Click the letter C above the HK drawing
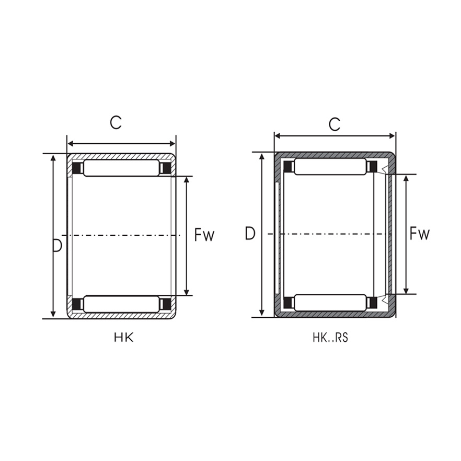(116, 122)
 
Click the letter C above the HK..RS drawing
(335, 124)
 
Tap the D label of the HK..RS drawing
(250, 234)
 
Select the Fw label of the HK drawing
(204, 235)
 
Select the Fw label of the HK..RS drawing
(419, 234)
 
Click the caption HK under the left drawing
(124, 338)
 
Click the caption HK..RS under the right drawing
(330, 338)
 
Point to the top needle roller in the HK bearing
(121, 168)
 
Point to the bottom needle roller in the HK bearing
(121, 304)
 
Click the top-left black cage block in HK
(77, 168)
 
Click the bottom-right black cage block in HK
(166, 304)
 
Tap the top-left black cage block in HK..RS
(288, 167)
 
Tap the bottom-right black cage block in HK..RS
(372, 303)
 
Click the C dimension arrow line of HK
(121, 144)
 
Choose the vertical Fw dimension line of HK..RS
(406, 234)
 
